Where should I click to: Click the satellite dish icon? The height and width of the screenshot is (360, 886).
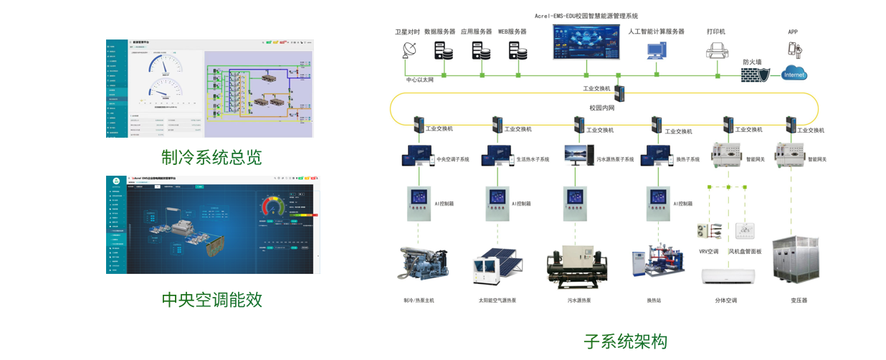point(410,50)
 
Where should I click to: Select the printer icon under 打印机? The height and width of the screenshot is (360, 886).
point(717,50)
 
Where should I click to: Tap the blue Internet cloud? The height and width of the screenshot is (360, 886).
point(794,73)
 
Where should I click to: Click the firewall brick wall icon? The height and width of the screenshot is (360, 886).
point(755,75)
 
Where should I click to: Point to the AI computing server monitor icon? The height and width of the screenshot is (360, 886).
point(656,50)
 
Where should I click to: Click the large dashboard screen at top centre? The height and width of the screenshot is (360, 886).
point(586,42)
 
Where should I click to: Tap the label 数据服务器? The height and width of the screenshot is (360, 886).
point(439,32)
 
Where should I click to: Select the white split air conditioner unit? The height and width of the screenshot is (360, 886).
point(727,278)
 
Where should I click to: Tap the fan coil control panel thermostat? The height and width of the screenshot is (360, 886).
point(745,231)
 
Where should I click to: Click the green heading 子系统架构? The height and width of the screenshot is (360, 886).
point(625,341)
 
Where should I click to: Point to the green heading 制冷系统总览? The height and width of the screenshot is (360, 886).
point(211,157)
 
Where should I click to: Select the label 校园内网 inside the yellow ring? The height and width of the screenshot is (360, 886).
point(602,108)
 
